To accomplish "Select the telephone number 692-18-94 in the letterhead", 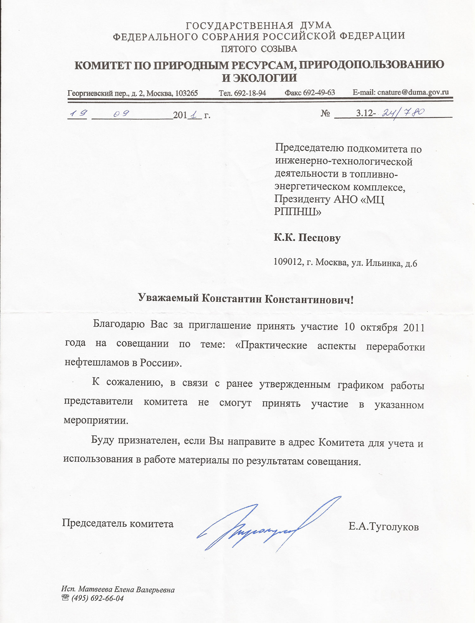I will (250, 93).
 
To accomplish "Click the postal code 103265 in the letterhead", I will (187, 93).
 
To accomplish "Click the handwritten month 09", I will (121, 113).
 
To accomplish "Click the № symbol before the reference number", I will (325, 113).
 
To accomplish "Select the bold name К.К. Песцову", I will (307, 238).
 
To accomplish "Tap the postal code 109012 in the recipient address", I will (287, 262).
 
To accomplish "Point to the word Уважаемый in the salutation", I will (168, 298).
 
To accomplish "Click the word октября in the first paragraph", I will (379, 327).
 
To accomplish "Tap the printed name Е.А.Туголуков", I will (383, 527).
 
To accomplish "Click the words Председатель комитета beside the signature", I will (117, 523).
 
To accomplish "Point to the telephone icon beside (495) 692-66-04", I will (66, 598).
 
